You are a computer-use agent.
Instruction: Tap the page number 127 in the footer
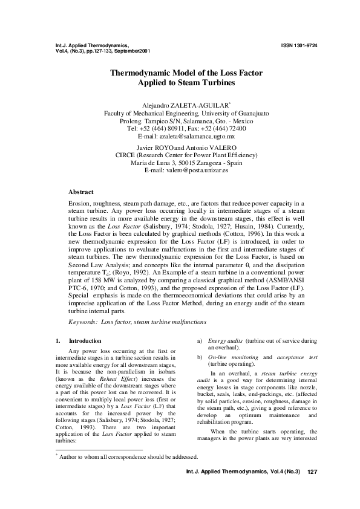[x=313, y=488]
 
